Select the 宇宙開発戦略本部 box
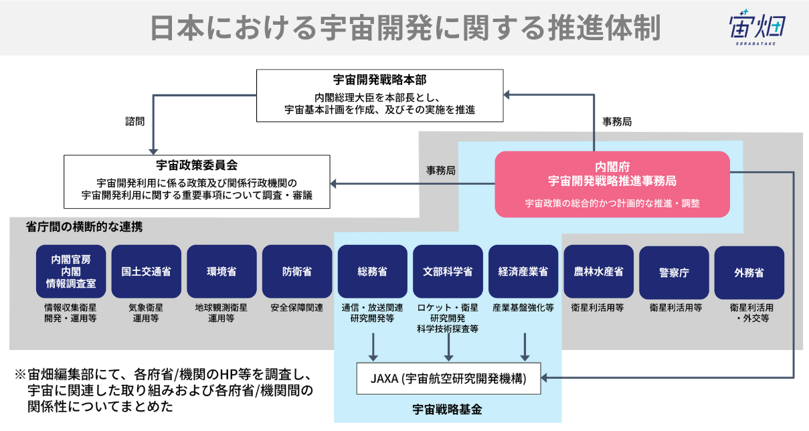[x=379, y=95]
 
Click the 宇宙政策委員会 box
[x=197, y=181]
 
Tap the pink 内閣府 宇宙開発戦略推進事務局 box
[x=612, y=184]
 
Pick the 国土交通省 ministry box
[x=146, y=272]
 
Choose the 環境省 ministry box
[x=221, y=272]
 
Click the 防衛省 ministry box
[x=297, y=272]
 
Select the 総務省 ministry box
[x=372, y=272]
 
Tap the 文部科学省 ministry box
[x=448, y=272]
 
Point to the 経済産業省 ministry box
[x=523, y=272]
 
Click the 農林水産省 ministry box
[x=598, y=272]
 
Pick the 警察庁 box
[x=674, y=272]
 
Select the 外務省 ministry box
[x=749, y=272]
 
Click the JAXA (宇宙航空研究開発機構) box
[x=448, y=379]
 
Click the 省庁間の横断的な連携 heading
[x=84, y=228]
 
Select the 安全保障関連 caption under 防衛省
[x=297, y=308]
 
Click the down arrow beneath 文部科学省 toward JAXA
[x=449, y=347]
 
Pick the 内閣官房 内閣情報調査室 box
[x=70, y=272]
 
